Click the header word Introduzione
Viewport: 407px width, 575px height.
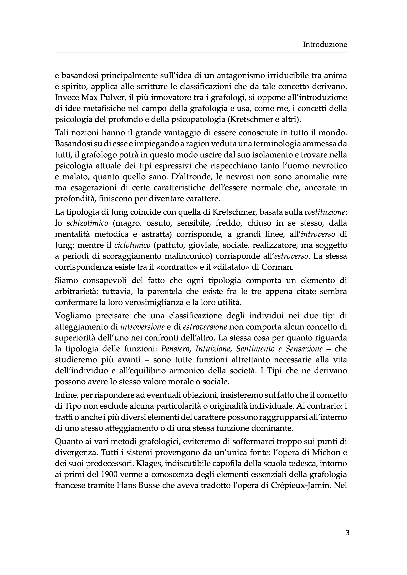325,45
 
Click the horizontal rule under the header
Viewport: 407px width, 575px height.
201,53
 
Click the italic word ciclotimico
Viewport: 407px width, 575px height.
132,245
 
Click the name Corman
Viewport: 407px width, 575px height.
277,267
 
